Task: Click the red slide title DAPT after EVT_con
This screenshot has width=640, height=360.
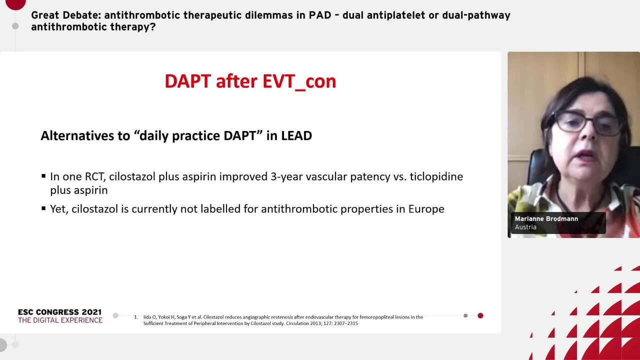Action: coord(250,81)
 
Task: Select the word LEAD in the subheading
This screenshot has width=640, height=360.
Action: coord(296,135)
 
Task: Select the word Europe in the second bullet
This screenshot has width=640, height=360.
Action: coord(426,209)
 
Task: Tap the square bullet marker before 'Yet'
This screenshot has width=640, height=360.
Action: coord(43,208)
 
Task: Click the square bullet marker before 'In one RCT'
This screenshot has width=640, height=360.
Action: coord(43,176)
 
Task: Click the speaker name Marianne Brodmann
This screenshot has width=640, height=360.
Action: coord(546,219)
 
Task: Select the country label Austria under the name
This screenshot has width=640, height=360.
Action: coord(525,227)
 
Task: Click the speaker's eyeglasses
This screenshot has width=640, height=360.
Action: coord(585,121)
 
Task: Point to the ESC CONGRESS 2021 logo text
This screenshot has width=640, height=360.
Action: coord(59,312)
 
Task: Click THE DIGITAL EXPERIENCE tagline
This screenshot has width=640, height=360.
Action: coord(60,320)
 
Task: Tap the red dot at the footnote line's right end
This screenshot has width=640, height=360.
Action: coord(480,315)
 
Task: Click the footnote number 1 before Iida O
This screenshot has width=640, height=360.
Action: coord(136,317)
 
